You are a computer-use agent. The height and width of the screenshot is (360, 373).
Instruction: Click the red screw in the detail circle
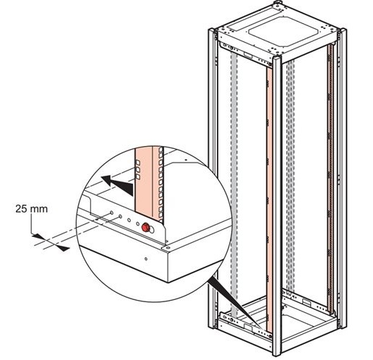click(145, 227)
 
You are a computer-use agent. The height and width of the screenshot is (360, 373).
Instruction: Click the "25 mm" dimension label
click(32, 209)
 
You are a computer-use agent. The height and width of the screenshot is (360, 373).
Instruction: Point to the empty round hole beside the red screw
click(152, 230)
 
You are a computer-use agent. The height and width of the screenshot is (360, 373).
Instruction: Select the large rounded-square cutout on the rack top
click(285, 32)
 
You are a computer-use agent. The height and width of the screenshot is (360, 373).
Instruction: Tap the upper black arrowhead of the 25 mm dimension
click(38, 236)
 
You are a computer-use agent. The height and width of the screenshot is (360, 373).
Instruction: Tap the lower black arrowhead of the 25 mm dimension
click(63, 249)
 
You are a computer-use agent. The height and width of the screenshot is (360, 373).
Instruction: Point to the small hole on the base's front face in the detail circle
click(145, 259)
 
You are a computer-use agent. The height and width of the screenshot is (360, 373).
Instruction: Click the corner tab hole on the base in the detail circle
click(168, 248)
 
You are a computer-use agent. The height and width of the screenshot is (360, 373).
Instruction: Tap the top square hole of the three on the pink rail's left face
click(138, 161)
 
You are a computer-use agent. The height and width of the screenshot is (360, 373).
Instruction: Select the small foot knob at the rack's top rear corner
click(278, 2)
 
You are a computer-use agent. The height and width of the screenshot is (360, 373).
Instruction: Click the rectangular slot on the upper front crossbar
click(248, 55)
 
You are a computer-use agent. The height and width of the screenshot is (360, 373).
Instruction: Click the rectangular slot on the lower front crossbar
click(248, 327)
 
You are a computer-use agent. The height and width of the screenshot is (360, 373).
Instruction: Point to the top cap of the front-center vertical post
click(277, 58)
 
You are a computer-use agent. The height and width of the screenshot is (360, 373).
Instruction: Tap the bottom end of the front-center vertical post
click(277, 353)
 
